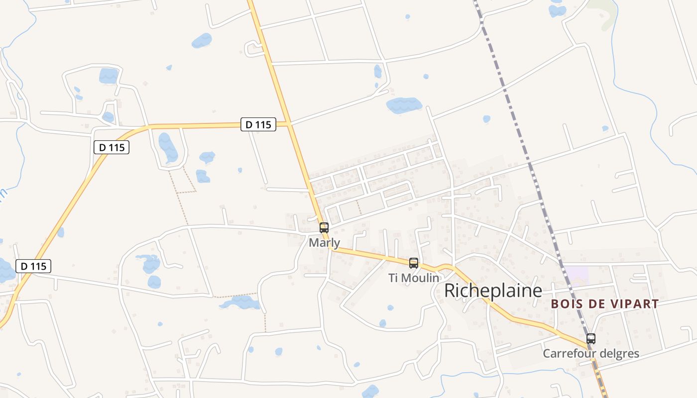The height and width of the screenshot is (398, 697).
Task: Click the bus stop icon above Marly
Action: tap(324, 228)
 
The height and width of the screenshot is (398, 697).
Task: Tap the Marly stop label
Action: tap(325, 243)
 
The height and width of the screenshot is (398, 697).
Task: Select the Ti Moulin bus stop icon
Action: tap(414, 263)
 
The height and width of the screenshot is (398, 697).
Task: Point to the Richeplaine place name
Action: tap(492, 291)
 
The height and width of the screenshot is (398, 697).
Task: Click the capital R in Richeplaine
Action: tap(450, 291)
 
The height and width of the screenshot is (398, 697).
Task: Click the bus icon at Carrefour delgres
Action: tap(591, 339)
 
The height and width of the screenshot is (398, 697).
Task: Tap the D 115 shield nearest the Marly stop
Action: tap(258, 124)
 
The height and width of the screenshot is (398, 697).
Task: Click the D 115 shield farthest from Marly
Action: tap(34, 266)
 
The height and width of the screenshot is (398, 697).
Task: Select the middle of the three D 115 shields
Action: tap(112, 147)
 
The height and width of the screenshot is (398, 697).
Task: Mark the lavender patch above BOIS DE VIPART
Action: tap(576, 275)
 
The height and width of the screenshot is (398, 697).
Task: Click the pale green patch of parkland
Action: tap(604, 12)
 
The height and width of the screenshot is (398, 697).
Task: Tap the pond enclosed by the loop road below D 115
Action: tap(168, 147)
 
